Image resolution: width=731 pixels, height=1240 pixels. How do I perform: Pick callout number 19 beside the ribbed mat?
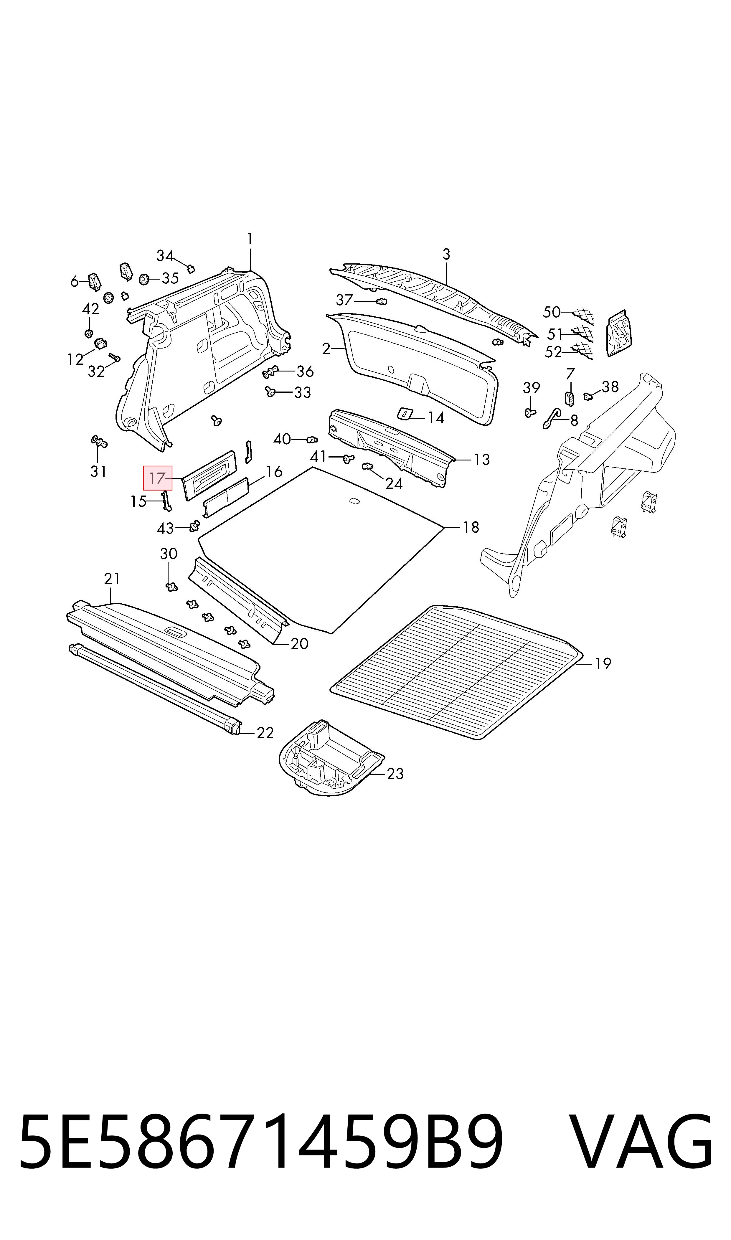click(603, 664)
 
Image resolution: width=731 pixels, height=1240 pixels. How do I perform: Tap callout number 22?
click(265, 733)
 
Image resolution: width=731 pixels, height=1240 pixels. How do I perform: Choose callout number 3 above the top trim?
click(446, 255)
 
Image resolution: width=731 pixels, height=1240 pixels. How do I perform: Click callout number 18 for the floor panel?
click(471, 527)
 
